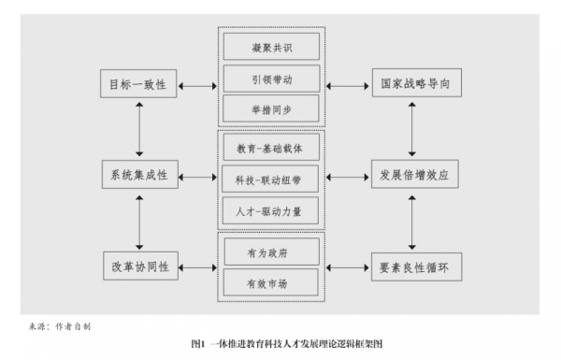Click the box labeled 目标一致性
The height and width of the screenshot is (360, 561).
point(138,85)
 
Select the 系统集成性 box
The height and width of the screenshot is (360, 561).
point(138,174)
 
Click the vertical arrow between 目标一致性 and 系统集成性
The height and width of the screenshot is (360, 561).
point(138,129)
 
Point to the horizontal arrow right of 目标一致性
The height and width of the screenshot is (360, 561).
point(197,85)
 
